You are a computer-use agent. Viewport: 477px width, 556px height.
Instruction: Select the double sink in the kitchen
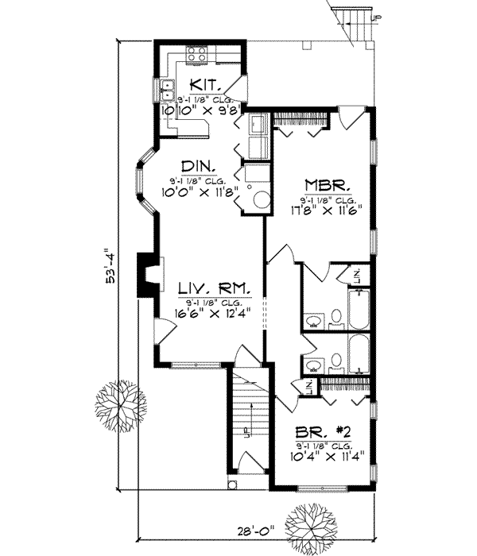tap(168, 91)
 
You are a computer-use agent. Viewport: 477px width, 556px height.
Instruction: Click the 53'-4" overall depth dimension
tap(114, 266)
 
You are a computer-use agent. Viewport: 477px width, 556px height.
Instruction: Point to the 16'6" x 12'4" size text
tap(208, 312)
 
